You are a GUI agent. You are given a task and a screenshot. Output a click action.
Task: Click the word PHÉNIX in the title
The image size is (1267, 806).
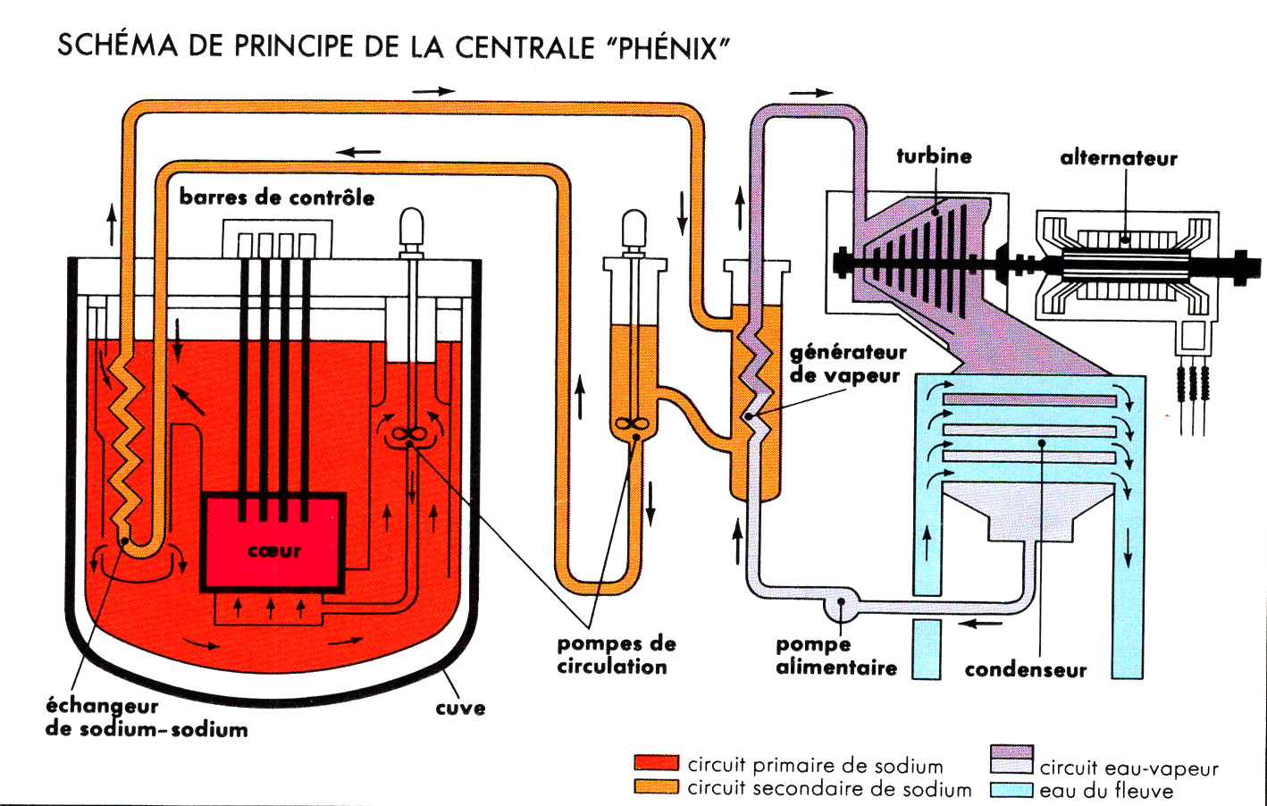[x=670, y=46]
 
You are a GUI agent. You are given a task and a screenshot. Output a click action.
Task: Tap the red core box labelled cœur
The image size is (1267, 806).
[x=274, y=541]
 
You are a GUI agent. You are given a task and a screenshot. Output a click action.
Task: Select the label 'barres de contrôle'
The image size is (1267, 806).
[x=277, y=197]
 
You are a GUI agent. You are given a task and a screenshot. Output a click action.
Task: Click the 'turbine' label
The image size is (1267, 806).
[x=934, y=156]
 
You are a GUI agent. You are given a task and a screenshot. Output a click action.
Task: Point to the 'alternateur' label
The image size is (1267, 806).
[x=1119, y=158]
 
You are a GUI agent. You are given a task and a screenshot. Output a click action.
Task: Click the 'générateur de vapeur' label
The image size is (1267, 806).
[x=847, y=364]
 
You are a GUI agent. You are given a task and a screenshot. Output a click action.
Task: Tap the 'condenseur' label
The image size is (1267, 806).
[x=1025, y=670]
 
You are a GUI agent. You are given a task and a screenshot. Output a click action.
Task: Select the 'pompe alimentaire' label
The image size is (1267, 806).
[x=835, y=656]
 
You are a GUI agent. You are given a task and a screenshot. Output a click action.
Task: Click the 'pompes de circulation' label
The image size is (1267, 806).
[x=616, y=655]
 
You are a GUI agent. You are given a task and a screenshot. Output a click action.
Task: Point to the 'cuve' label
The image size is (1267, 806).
[x=460, y=708]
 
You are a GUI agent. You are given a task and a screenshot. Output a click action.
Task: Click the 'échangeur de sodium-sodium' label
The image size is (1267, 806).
[x=146, y=718]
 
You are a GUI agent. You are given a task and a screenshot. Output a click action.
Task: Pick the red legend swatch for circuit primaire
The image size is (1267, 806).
[x=656, y=763]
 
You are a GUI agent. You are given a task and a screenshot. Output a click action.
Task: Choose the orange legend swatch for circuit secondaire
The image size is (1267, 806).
[x=656, y=786]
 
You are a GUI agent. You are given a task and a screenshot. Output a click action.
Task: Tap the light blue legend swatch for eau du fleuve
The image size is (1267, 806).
[x=1011, y=790]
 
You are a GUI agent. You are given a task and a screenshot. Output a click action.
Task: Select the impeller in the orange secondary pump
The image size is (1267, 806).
[x=633, y=425]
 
